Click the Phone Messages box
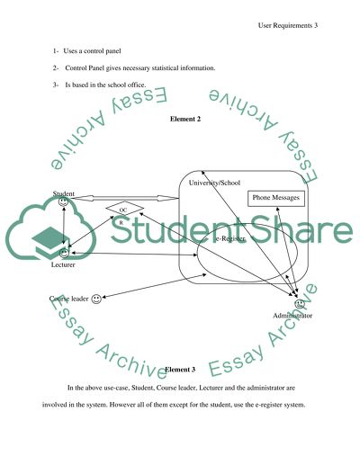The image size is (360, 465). click(275, 198)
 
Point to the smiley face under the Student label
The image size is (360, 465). click(63, 202)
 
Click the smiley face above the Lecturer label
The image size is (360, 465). click(63, 256)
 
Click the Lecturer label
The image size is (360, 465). click(63, 267)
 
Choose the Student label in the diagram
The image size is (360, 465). click(63, 193)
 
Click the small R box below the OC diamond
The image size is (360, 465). click(121, 221)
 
